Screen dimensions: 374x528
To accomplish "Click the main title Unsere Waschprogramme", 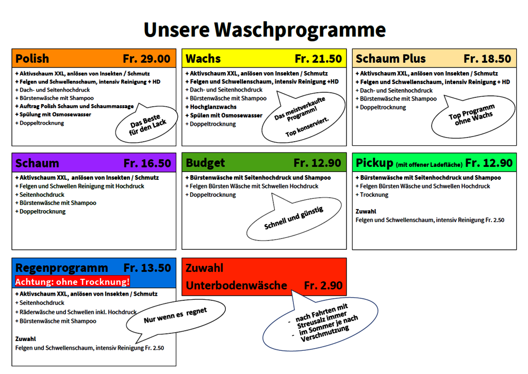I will (x=264, y=29).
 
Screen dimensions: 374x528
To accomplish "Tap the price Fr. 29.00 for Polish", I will (x=146, y=59).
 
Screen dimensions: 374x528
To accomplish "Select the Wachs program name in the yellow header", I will (x=203, y=59).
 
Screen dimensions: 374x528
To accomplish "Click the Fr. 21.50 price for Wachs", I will (x=318, y=59).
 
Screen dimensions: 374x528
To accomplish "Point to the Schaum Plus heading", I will (x=391, y=59).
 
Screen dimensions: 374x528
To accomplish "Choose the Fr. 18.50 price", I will (x=487, y=59).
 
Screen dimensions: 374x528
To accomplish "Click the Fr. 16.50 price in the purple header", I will (x=147, y=163).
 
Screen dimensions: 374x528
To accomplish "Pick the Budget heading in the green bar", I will (x=205, y=163).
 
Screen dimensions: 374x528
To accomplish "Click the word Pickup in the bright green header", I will (x=374, y=163).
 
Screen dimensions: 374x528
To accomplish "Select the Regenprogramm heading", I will (x=62, y=268).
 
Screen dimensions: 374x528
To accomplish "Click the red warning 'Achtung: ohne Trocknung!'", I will (x=72, y=282).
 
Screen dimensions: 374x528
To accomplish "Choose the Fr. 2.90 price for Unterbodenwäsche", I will (x=323, y=285).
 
